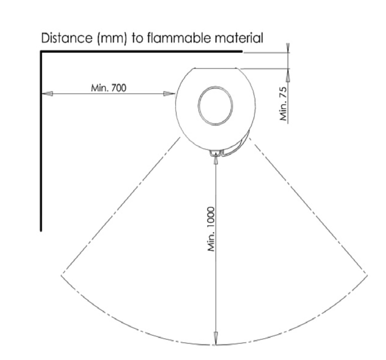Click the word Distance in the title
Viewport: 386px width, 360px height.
[66, 38]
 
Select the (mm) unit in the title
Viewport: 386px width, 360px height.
[112, 39]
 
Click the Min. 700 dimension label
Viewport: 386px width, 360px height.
[109, 88]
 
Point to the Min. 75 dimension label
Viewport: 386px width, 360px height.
[284, 104]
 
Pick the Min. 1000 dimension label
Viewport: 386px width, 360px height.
[211, 229]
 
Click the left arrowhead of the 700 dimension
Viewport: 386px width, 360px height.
[47, 94]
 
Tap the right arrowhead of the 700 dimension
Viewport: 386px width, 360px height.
[169, 94]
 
